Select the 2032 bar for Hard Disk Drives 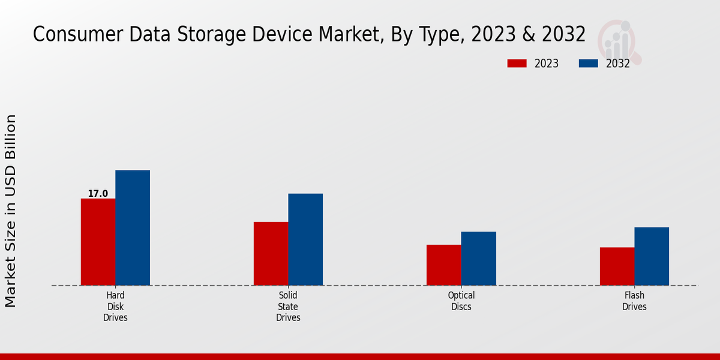(133, 227)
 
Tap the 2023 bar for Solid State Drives (271, 253)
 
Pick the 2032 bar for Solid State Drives (305, 239)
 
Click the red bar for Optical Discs (444, 265)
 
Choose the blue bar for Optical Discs (479, 258)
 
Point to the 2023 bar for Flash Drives (617, 266)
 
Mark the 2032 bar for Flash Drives (652, 256)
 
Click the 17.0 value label (98, 193)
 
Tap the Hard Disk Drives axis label (115, 307)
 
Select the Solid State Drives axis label (288, 307)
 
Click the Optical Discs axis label (461, 301)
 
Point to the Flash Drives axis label (634, 301)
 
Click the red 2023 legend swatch (517, 64)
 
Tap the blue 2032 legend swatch (589, 64)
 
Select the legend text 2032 (617, 64)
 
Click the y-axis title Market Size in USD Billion (11, 211)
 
